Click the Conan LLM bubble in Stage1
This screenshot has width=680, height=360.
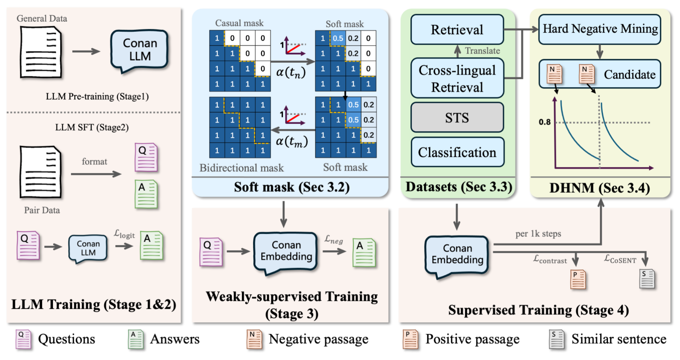[140, 50]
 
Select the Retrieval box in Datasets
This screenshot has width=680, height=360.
[457, 30]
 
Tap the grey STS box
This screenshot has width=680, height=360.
[457, 118]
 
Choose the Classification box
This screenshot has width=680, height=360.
[457, 152]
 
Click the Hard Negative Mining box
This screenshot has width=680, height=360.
[600, 29]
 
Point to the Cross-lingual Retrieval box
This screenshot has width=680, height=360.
[457, 78]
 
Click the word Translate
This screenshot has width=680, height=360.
[482, 51]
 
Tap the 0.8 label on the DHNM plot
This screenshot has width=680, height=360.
[545, 122]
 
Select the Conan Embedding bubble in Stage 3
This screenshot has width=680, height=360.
[286, 251]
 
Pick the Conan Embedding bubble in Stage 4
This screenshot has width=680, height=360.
[457, 254]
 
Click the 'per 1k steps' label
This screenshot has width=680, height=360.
[538, 234]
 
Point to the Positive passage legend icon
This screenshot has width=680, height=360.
[411, 339]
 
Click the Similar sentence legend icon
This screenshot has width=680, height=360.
[556, 339]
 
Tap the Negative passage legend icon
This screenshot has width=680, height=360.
[254, 339]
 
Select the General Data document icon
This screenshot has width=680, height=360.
[40, 52]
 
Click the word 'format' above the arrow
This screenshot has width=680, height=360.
[94, 162]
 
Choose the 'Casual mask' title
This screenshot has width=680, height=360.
[239, 23]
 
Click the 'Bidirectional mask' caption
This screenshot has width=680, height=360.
[241, 168]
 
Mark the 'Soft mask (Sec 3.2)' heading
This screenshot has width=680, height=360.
[291, 187]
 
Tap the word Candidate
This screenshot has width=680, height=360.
[630, 75]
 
